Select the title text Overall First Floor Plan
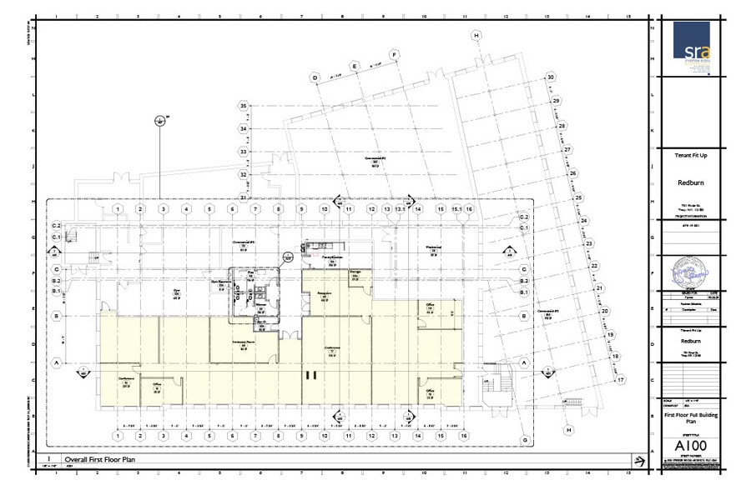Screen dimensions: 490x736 pyautogui.click(x=100, y=459)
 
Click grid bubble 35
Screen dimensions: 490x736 pyautogui.click(x=244, y=107)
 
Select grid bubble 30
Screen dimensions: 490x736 pyautogui.click(x=550, y=77)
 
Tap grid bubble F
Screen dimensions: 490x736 pyautogui.click(x=395, y=55)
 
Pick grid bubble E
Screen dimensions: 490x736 pyautogui.click(x=355, y=66)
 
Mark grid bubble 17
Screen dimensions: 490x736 pyautogui.click(x=620, y=380)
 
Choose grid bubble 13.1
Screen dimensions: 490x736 pyautogui.click(x=401, y=209)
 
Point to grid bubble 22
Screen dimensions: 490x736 pyautogui.click(x=594, y=266)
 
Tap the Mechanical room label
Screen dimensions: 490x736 pyautogui.click(x=432, y=247)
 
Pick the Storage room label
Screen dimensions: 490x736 pyautogui.click(x=355, y=272)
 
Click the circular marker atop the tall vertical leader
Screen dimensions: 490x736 pyautogui.click(x=159, y=121)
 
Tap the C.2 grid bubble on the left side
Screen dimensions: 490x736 pyautogui.click(x=58, y=226)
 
